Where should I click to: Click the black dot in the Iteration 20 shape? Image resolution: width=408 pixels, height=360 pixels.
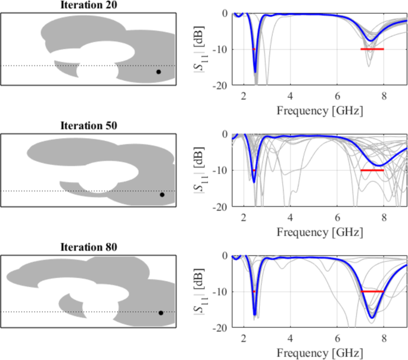click(158, 72)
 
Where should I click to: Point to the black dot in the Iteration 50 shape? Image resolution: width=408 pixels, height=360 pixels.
click(161, 195)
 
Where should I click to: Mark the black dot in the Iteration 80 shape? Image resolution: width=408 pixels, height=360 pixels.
click(161, 313)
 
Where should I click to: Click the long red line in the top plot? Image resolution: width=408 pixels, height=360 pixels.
click(372, 49)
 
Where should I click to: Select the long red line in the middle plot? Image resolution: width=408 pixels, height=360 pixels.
click(372, 170)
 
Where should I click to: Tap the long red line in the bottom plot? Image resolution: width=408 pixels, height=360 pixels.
click(372, 292)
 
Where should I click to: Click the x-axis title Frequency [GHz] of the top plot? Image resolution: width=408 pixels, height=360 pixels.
click(319, 110)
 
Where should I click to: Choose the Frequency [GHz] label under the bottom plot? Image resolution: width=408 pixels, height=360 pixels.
click(319, 353)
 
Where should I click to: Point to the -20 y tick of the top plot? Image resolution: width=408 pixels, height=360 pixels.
click(220, 86)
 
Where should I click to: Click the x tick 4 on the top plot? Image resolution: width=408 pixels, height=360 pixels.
click(290, 95)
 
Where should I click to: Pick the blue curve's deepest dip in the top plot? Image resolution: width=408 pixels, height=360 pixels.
click(256, 72)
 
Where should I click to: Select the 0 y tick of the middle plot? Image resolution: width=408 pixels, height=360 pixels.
click(225, 134)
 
